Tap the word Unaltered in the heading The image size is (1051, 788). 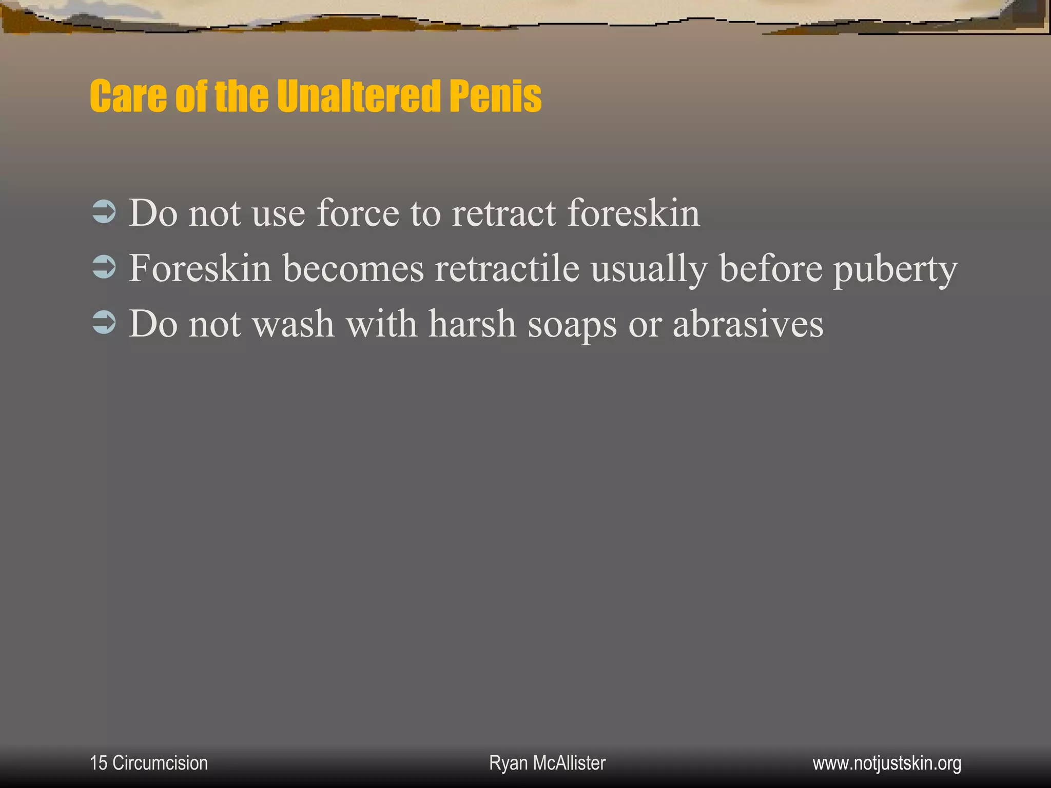[x=358, y=96]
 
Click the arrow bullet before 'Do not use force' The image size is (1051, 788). [x=104, y=213]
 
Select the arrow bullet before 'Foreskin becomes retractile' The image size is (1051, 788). [x=104, y=268]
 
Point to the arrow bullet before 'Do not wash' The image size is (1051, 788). [x=104, y=324]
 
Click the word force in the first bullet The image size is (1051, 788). [x=358, y=213]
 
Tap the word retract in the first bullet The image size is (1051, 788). [x=503, y=213]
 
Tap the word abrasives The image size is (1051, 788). [x=748, y=324]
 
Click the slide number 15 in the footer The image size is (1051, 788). [x=98, y=763]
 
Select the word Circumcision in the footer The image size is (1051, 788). [x=160, y=763]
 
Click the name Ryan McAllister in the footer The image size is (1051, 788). [x=547, y=763]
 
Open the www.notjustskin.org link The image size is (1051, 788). [x=887, y=763]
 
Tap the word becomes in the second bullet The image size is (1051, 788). [x=353, y=268]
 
